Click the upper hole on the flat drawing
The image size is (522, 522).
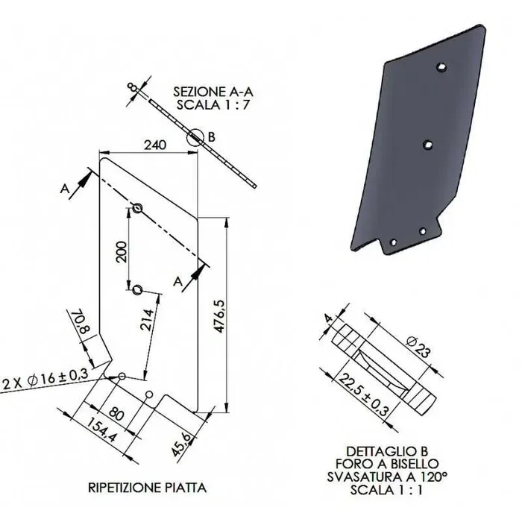pos(138,207)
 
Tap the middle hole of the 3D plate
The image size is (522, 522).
pos(427,145)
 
